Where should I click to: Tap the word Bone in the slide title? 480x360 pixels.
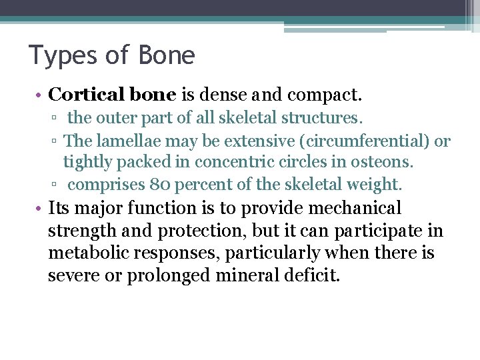coord(167,55)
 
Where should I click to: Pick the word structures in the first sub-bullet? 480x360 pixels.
coord(322,119)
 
